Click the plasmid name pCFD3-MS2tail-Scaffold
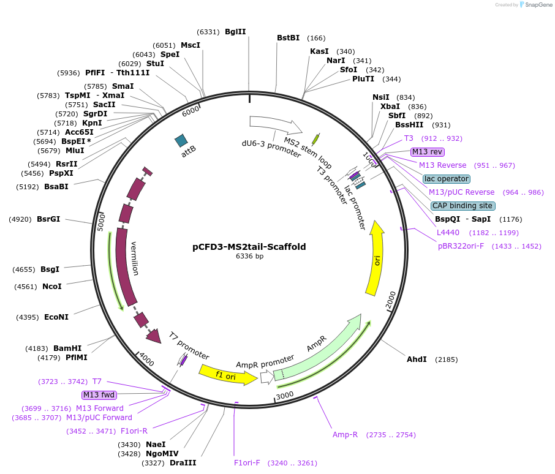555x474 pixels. tap(249, 247)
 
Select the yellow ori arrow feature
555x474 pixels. tap(376, 259)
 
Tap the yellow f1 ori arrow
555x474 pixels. tap(227, 375)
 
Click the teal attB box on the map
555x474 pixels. tap(181, 141)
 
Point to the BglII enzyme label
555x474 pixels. tap(235, 32)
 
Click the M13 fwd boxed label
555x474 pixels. tap(99, 395)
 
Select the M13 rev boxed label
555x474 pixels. tap(428, 152)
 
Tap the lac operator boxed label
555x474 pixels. tap(446, 179)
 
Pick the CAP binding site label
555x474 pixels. tap(462, 206)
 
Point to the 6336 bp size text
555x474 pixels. tap(249, 257)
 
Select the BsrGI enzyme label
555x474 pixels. tap(48, 219)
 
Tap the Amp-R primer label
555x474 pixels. tap(345, 435)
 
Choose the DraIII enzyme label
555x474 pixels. tap(183, 463)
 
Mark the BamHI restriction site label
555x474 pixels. tap(67, 348)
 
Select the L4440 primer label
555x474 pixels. tap(448, 233)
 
